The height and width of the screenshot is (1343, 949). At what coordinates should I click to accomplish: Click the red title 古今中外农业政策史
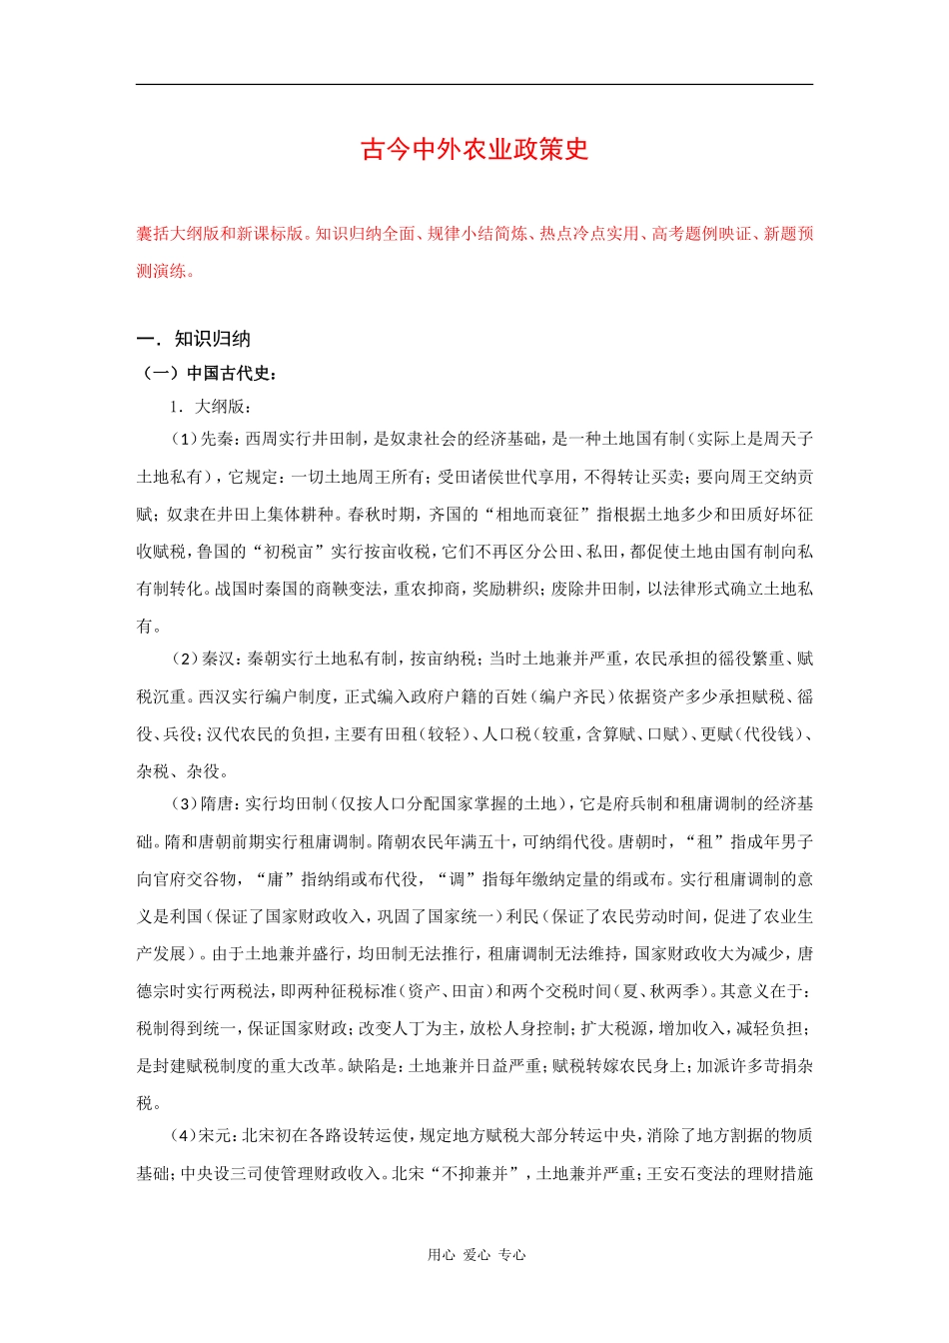(x=474, y=150)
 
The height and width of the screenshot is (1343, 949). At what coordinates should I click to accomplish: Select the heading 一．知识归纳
(x=194, y=339)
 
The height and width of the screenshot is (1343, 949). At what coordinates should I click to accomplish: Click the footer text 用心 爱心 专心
(x=476, y=1255)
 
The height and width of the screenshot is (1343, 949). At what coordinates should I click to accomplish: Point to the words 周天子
(x=788, y=439)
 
